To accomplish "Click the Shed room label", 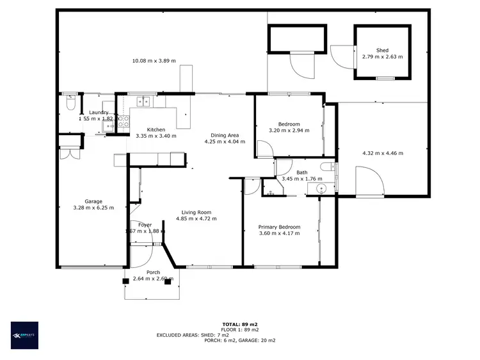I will tap(382, 50).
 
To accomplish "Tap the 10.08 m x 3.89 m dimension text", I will tap(154, 61).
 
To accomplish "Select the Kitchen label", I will tap(156, 129).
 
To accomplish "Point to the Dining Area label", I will tap(225, 135).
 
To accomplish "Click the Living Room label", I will tap(196, 213).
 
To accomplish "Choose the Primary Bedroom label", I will tap(279, 227).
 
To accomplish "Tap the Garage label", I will tap(93, 201).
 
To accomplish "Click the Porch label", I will tap(153, 272).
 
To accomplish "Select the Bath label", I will tap(301, 172).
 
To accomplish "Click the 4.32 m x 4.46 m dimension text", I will tap(382, 153).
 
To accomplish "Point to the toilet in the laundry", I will tap(70, 102).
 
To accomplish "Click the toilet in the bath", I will tap(328, 168).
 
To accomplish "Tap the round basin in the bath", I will tap(321, 188).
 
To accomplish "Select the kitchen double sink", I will tap(142, 101).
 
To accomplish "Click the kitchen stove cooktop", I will tap(124, 120).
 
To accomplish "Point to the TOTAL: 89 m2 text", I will tap(239, 324).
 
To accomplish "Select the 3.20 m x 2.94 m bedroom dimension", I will tap(289, 130).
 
